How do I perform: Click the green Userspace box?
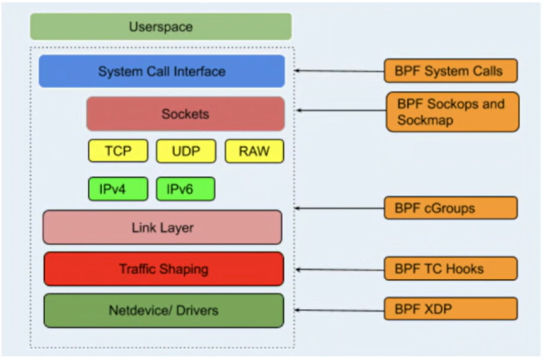pyautogui.click(x=161, y=27)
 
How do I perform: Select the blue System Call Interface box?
pyautogui.click(x=161, y=72)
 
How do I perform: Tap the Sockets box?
pyautogui.click(x=185, y=114)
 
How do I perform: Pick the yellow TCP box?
pyautogui.click(x=118, y=151)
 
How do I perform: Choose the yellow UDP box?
pyautogui.click(x=186, y=151)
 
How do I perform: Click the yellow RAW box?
pyautogui.click(x=254, y=151)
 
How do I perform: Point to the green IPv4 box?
pyautogui.click(x=118, y=189)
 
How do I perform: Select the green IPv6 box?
pyautogui.click(x=185, y=189)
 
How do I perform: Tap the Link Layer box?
pyautogui.click(x=163, y=228)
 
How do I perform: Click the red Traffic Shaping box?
pyautogui.click(x=164, y=269)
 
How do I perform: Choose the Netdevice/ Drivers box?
pyautogui.click(x=164, y=311)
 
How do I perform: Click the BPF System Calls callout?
pyautogui.click(x=451, y=71)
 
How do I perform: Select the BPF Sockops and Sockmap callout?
pyautogui.click(x=452, y=112)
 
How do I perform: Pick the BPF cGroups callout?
pyautogui.click(x=451, y=208)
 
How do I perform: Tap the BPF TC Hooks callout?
pyautogui.click(x=451, y=268)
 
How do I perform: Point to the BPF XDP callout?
pyautogui.click(x=451, y=309)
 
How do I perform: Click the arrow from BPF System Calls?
pyautogui.click(x=339, y=72)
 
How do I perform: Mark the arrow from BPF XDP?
pyautogui.click(x=339, y=310)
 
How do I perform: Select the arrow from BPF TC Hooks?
pyautogui.click(x=339, y=270)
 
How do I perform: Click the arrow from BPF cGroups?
pyautogui.click(x=339, y=208)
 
